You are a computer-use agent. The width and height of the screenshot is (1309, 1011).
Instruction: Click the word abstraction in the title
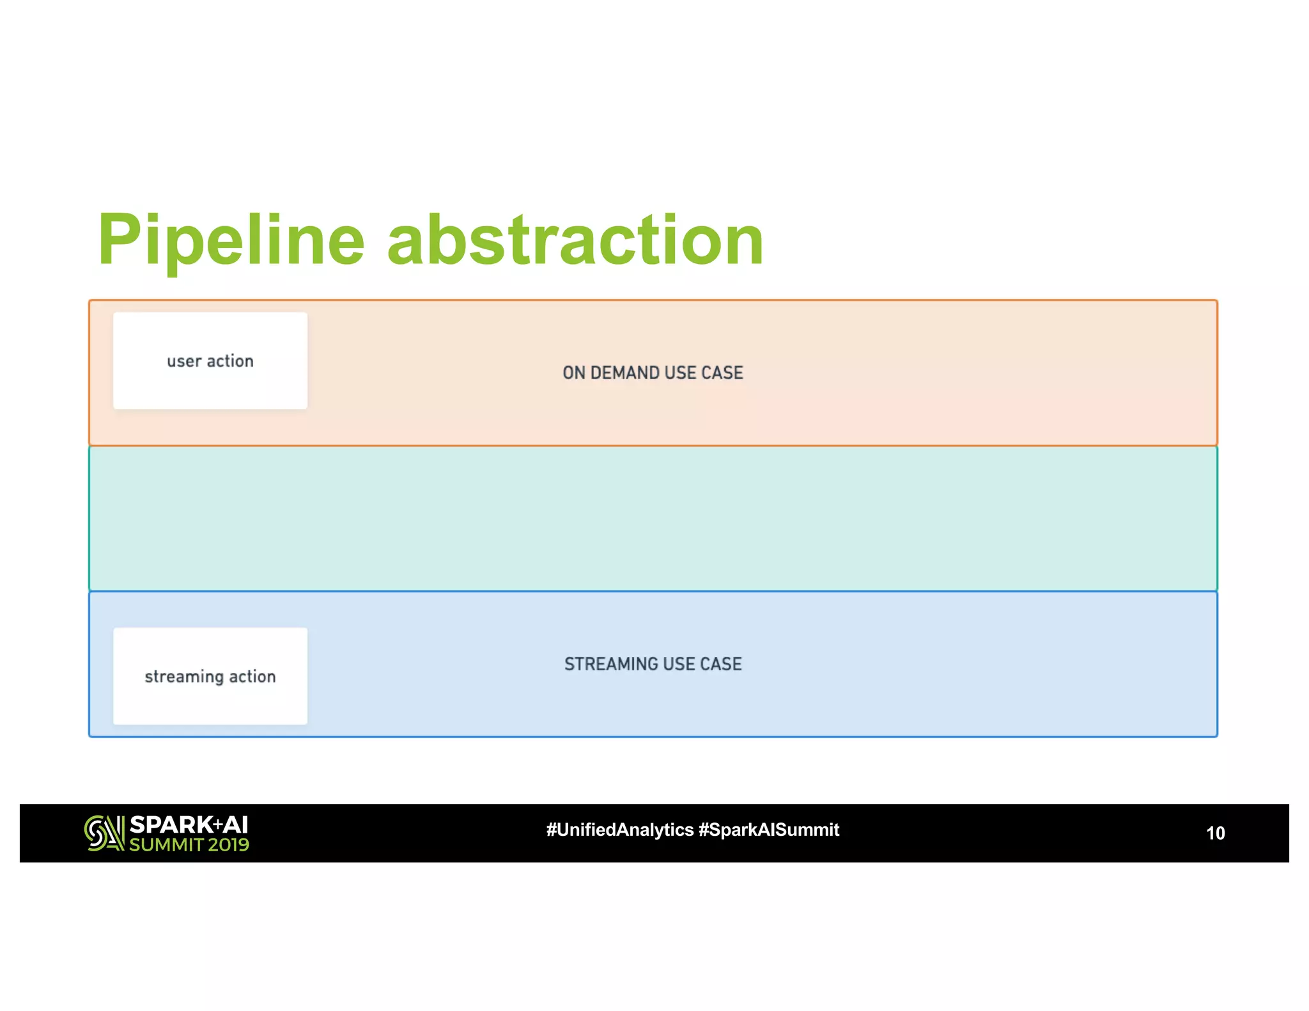click(x=575, y=240)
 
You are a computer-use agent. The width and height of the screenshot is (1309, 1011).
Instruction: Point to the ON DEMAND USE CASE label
click(x=653, y=373)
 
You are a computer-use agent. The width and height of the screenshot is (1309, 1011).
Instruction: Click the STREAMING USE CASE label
click(x=653, y=664)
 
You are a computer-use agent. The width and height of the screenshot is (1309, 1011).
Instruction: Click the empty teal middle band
click(x=653, y=518)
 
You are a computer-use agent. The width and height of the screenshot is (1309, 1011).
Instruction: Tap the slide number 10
click(x=1215, y=833)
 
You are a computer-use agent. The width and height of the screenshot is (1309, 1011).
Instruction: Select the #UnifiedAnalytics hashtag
click(x=619, y=830)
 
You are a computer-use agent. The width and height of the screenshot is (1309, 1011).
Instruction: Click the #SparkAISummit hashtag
click(x=769, y=830)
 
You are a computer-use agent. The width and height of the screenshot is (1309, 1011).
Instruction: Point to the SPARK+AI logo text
click(x=189, y=825)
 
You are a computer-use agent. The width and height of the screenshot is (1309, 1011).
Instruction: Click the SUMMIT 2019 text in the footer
click(x=189, y=845)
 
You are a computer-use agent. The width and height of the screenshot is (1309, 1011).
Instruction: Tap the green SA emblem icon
click(x=104, y=833)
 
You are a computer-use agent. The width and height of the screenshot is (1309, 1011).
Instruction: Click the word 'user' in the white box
click(x=184, y=362)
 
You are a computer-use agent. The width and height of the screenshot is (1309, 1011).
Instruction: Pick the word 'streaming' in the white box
click(x=183, y=677)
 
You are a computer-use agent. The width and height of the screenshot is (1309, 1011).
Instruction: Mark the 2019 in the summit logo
click(x=228, y=845)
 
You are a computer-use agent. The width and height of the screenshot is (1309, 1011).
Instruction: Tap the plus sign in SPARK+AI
click(x=217, y=824)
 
